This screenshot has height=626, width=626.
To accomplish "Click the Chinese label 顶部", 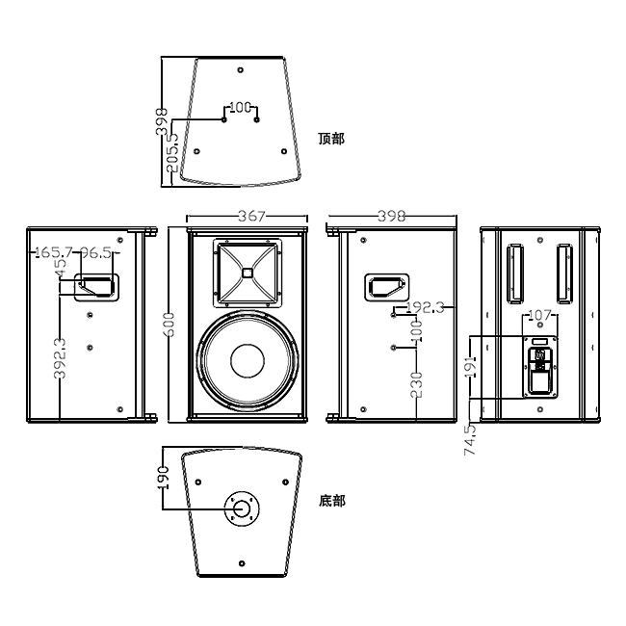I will [330, 139].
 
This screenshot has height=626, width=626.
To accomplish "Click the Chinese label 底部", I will [331, 501].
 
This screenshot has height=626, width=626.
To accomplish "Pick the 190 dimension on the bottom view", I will [164, 478].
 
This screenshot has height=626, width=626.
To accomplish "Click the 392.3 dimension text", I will [60, 358].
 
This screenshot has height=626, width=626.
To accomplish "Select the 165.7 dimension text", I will [52, 252].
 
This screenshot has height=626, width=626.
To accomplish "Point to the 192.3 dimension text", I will [426, 307].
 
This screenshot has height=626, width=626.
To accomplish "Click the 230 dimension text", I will [415, 384].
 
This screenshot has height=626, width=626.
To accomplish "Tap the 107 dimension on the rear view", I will [540, 315].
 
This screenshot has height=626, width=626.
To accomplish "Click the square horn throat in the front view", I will [248, 271].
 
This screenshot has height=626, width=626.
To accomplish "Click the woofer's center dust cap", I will [247, 362].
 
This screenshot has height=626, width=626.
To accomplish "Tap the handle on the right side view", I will [386, 286].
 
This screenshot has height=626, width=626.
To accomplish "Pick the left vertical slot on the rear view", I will [515, 272].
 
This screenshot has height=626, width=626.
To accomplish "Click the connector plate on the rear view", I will [540, 367].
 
